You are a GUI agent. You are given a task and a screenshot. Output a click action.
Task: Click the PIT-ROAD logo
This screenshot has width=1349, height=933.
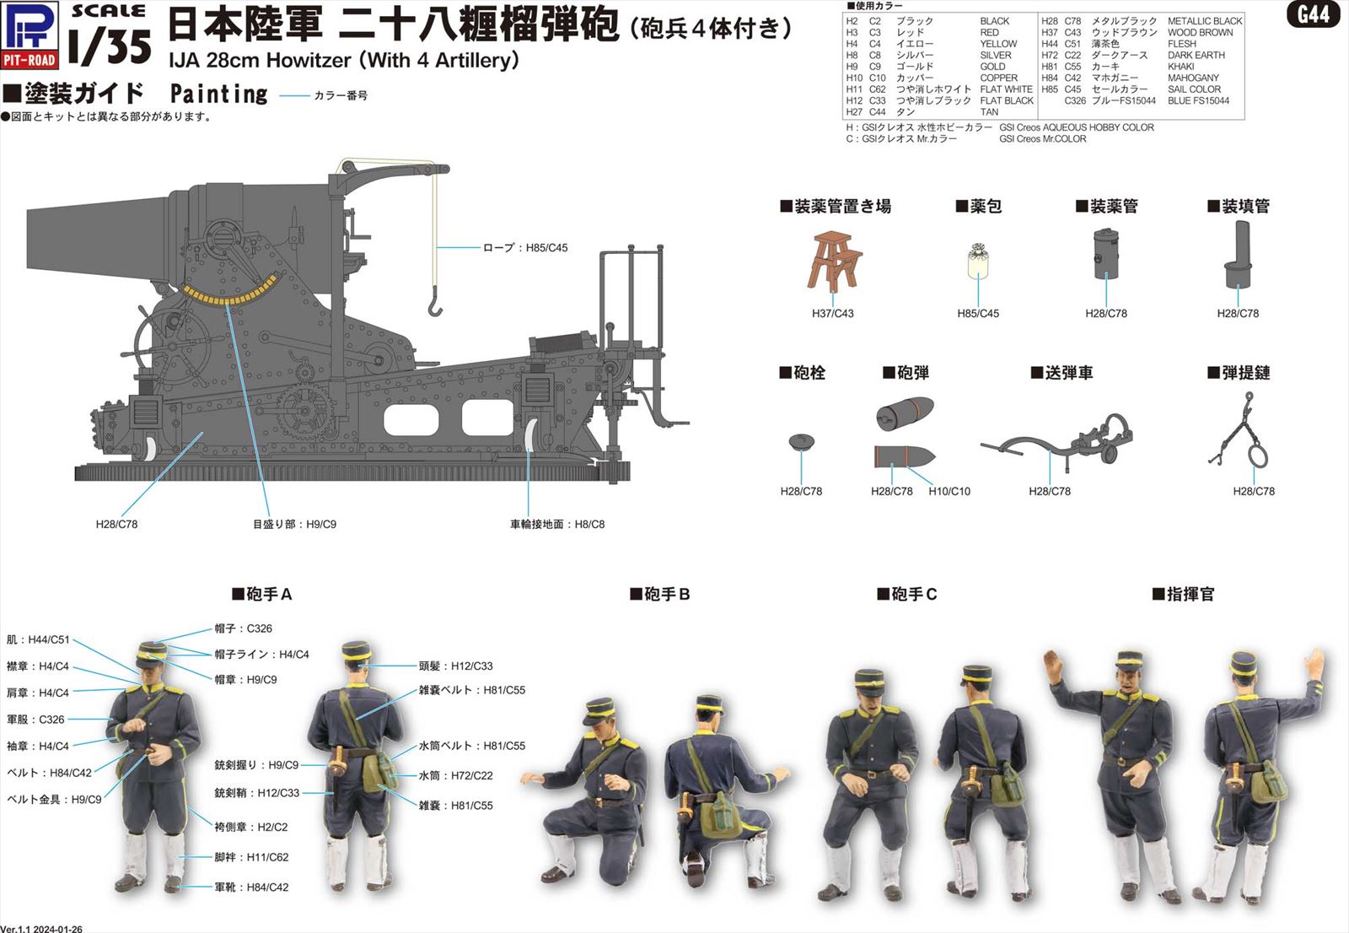pos(30,35)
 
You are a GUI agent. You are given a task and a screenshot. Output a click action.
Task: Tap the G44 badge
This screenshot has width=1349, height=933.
pos(1313,14)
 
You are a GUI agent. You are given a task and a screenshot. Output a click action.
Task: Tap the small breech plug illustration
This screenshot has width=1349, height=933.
pos(801,441)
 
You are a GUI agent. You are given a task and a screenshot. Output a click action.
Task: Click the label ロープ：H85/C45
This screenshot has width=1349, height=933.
pos(524,248)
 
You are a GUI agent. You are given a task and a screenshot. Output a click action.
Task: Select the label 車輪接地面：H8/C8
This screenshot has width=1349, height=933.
pos(556,524)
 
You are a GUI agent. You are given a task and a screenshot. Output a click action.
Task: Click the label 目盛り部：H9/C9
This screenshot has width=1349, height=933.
pos(294,524)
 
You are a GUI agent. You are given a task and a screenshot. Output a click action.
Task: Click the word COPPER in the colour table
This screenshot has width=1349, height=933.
pos(998,78)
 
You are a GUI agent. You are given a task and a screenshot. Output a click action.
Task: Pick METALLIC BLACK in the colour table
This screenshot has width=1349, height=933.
pos(1204,21)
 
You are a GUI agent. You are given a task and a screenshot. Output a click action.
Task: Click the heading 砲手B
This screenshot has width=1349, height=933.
pos(660,594)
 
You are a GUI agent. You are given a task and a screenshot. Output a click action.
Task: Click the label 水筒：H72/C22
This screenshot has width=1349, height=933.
pos(455,775)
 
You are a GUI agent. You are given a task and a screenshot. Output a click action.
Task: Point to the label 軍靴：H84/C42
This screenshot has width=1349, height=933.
pos(250,887)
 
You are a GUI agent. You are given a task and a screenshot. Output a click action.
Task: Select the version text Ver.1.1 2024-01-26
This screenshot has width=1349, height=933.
pos(41,928)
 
